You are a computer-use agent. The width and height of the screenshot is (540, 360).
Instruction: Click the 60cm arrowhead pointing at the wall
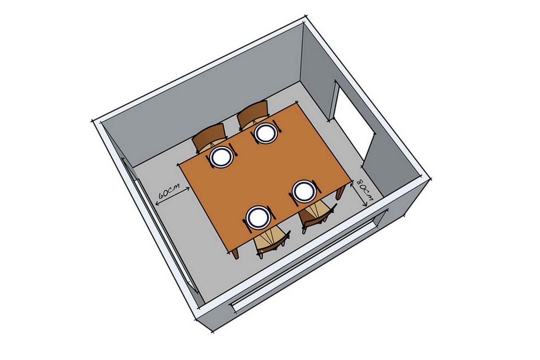158,204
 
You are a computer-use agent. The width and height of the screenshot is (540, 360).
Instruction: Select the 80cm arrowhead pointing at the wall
365,204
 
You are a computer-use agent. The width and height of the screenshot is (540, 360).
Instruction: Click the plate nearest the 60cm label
222,157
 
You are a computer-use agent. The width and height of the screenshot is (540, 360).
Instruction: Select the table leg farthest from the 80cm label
235,253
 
